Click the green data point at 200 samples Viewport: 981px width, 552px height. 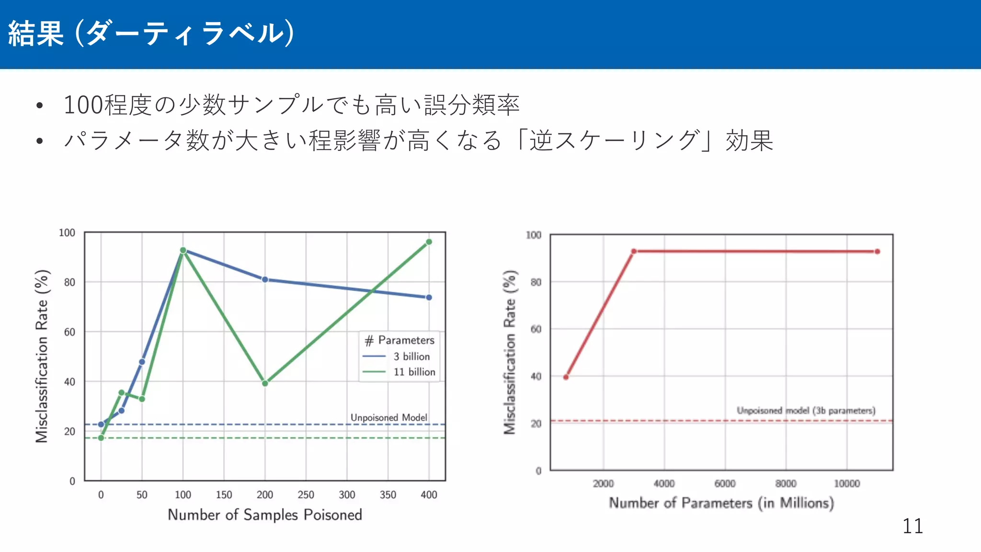(x=265, y=383)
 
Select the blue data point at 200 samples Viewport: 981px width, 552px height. (x=265, y=279)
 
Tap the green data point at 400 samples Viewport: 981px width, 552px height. (x=429, y=242)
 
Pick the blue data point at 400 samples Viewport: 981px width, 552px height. (x=429, y=298)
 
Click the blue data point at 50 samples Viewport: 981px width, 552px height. (x=142, y=362)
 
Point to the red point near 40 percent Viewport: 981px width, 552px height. (x=566, y=377)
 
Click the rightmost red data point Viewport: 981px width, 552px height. (x=877, y=252)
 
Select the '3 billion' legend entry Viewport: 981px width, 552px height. (x=411, y=356)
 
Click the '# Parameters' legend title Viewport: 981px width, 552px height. (x=399, y=340)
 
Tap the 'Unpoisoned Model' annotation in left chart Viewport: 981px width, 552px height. (x=388, y=417)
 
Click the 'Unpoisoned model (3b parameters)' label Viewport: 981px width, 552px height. (x=806, y=411)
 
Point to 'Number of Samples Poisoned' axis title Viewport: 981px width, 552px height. (x=265, y=515)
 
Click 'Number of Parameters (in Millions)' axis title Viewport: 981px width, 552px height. (x=721, y=503)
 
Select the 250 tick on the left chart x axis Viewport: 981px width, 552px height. (x=306, y=495)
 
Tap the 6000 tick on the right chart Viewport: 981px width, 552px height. (x=725, y=484)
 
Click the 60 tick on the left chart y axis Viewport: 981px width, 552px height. (x=70, y=332)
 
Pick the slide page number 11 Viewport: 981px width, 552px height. (x=913, y=526)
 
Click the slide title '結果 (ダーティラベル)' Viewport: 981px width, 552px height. (x=151, y=34)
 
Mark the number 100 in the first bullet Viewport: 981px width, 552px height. (x=83, y=105)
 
